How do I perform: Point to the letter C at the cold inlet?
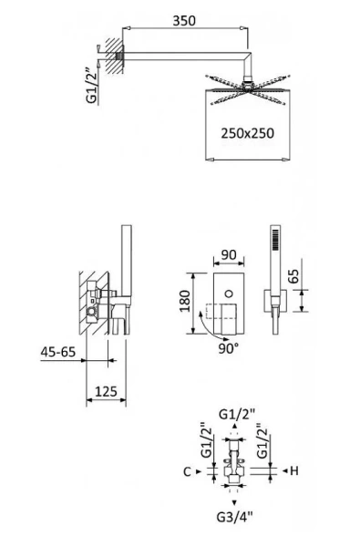point(186,471)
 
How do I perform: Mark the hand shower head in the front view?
point(274,242)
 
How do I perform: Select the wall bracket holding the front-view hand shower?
point(271,301)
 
